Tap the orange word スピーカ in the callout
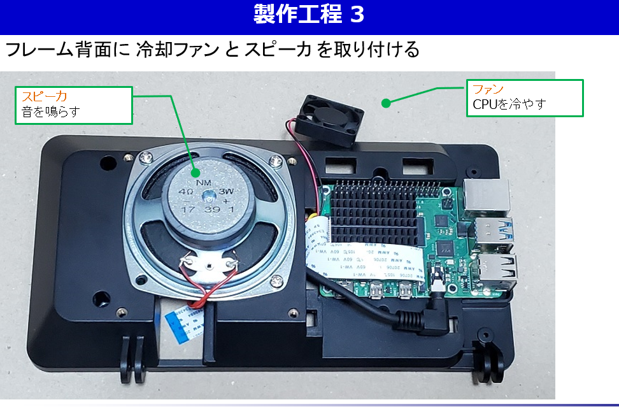45,96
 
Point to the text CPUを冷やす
509,104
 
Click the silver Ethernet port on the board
486,196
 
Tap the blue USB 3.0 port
497,233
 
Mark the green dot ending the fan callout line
385,101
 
